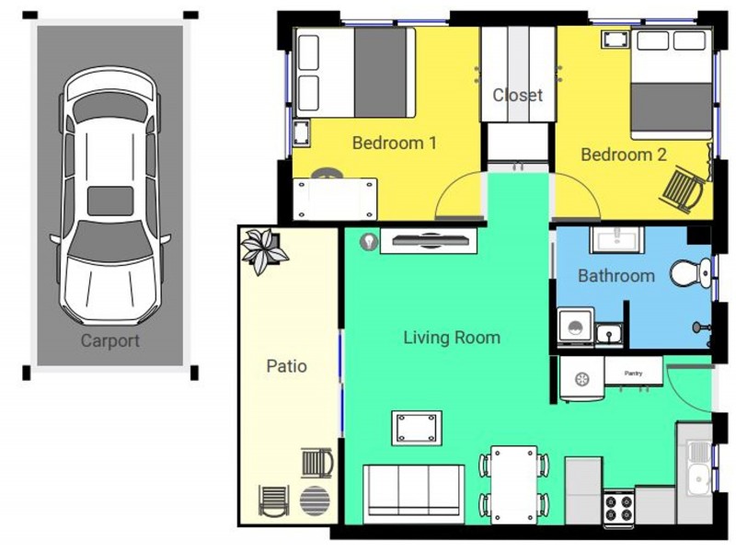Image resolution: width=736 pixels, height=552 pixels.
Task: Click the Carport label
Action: tap(110, 340)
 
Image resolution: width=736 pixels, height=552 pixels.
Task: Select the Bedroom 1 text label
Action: tap(394, 143)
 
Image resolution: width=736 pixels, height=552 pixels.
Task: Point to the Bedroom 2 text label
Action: tap(623, 155)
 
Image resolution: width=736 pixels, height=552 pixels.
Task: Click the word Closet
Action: tap(517, 95)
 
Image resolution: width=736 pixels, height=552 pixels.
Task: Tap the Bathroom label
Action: tap(615, 275)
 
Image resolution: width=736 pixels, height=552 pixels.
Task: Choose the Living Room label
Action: tap(452, 338)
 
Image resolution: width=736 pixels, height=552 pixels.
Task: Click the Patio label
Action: tap(286, 366)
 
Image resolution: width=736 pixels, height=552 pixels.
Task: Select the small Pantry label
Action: tap(633, 373)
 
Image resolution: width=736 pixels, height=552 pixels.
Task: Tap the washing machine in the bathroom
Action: tap(575, 328)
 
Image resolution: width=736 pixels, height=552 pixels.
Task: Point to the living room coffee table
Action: tap(415, 428)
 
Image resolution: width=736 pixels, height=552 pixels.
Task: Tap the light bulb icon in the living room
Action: tap(368, 242)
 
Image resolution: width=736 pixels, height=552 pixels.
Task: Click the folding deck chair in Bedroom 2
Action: tap(685, 187)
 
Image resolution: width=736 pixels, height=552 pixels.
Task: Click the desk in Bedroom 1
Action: tap(335, 197)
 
